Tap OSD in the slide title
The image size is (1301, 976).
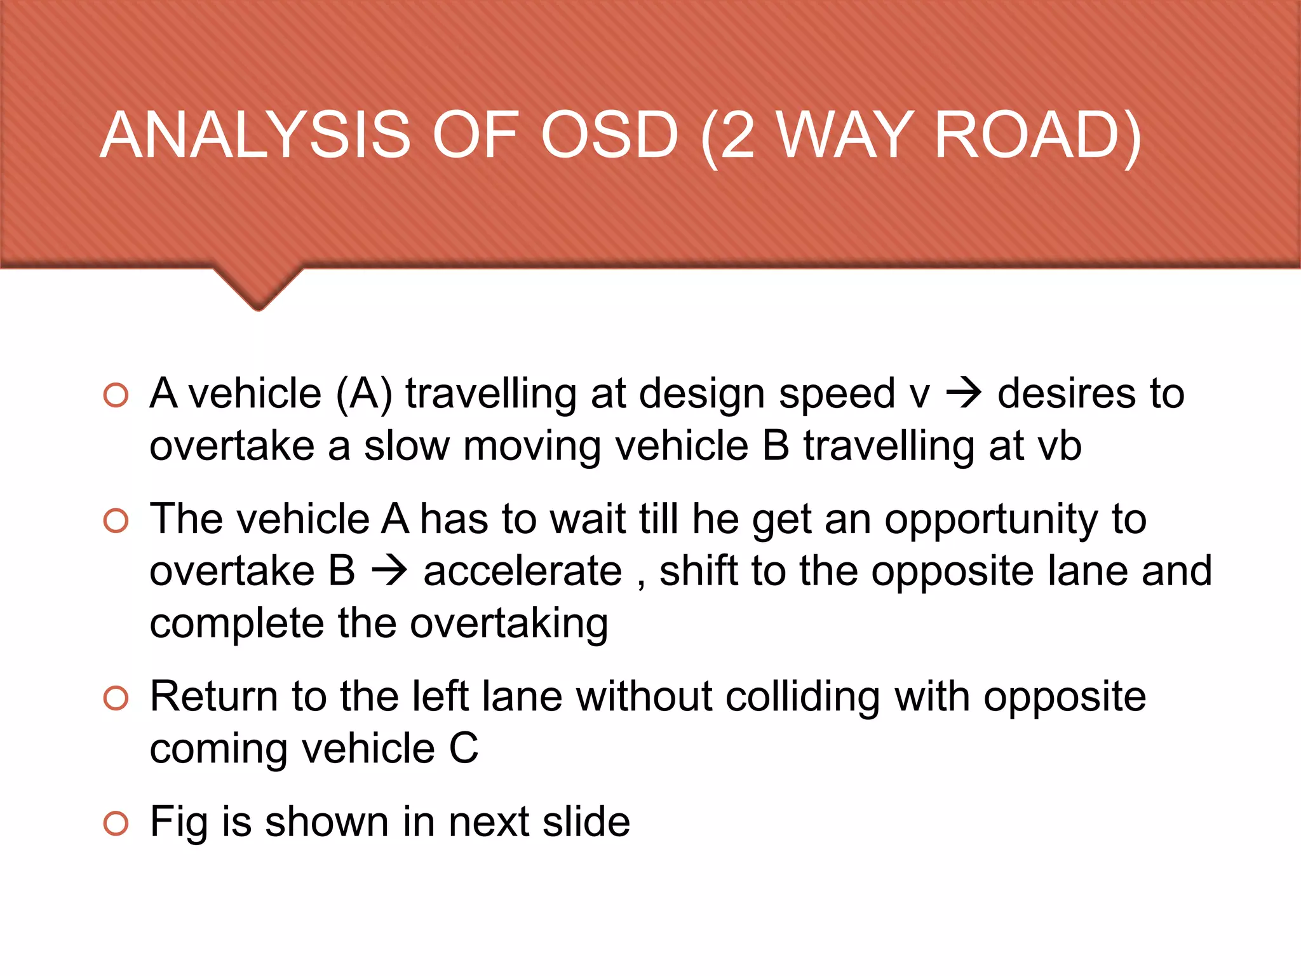tap(609, 135)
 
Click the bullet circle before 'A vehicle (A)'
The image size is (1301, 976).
tap(116, 395)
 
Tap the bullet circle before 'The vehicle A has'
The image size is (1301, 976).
tap(116, 521)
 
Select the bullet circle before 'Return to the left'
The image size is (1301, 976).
tap(116, 698)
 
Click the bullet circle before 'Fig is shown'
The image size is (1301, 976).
tap(116, 823)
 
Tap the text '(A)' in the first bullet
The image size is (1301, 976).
tap(364, 394)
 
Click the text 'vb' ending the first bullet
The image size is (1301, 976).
tap(1059, 446)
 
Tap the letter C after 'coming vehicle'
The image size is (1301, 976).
tap(463, 749)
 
